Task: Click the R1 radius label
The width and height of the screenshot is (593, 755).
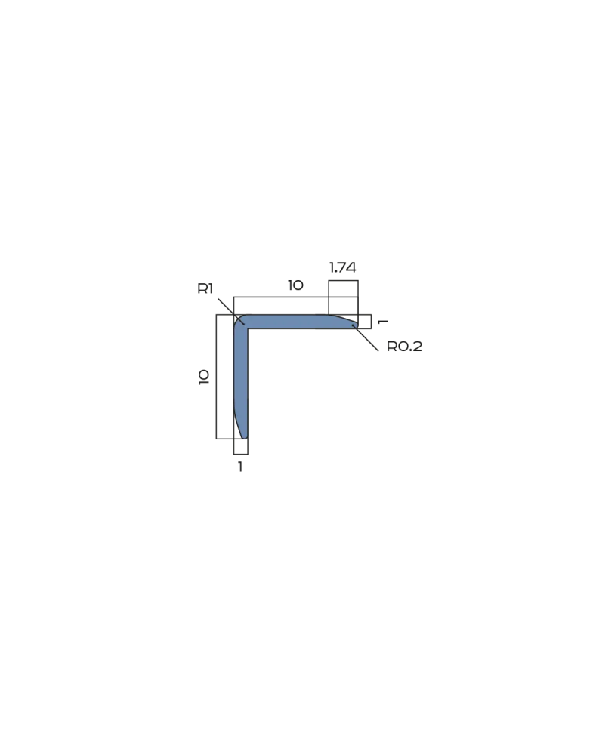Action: (x=205, y=288)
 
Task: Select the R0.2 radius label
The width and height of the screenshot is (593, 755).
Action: (x=404, y=347)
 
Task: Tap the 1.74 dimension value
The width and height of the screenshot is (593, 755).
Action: (x=343, y=267)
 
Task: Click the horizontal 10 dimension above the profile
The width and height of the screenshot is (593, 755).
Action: (x=296, y=285)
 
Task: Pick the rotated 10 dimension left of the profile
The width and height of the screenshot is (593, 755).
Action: (x=204, y=377)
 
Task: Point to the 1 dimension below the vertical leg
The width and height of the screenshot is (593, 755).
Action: (x=240, y=467)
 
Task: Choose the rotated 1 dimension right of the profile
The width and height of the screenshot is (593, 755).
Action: (x=384, y=321)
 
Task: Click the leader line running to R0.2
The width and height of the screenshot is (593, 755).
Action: (x=365, y=337)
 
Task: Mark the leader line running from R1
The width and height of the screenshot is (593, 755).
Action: (x=232, y=312)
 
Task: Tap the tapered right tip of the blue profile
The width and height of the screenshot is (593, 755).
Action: (x=357, y=324)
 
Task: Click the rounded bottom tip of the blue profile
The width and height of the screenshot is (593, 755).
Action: (x=244, y=436)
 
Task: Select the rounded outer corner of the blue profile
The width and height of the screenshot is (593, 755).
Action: (x=237, y=319)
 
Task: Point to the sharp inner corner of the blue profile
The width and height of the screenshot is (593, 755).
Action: (x=248, y=329)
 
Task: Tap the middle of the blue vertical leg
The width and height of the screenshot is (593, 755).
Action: (x=241, y=381)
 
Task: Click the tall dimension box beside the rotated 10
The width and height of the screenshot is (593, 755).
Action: (x=216, y=377)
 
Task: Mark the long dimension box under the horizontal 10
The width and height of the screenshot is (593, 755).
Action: (x=296, y=297)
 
